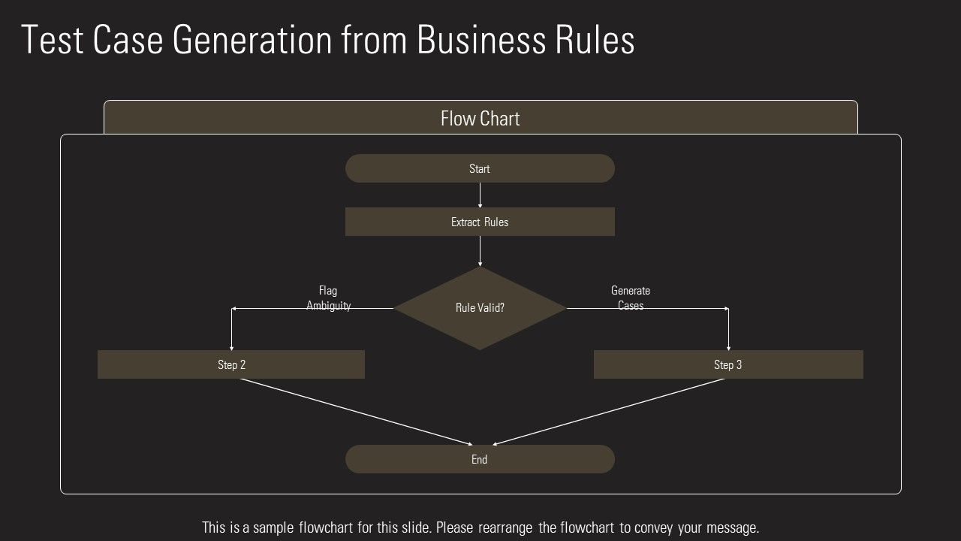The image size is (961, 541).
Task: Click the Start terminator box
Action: pos(480,168)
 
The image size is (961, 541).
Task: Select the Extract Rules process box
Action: pos(480,222)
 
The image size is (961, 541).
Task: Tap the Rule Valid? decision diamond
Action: pos(480,308)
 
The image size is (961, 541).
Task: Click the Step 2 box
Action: pos(231,364)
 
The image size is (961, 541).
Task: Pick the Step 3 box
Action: pos(728,364)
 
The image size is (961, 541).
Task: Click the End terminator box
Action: pos(480,459)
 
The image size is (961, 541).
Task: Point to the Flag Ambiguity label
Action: pos(328,298)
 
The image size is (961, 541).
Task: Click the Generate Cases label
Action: pos(631,298)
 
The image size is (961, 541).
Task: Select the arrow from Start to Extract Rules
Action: pos(480,195)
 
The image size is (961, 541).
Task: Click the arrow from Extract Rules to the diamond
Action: pos(480,251)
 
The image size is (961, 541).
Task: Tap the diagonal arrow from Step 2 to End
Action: pos(357,413)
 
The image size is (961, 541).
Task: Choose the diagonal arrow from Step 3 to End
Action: pos(608,413)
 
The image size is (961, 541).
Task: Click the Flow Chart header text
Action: pos(480,119)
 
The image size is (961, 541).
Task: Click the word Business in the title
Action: pos(481,40)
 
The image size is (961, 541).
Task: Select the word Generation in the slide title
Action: pos(252,40)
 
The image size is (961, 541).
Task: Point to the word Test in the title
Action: pos(52,40)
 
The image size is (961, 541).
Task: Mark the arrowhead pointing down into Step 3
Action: pos(728,348)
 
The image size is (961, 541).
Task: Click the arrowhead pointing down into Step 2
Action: pos(232,348)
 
